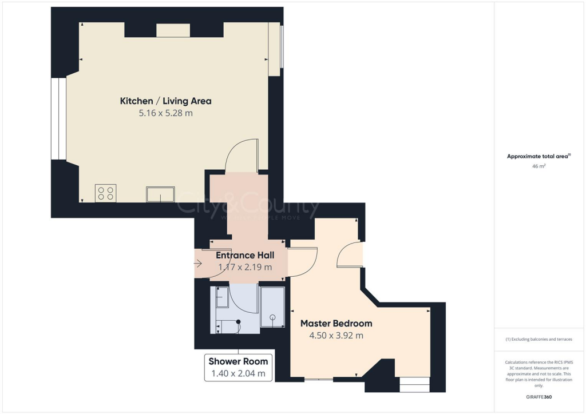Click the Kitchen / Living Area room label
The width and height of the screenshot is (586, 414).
[x=165, y=101]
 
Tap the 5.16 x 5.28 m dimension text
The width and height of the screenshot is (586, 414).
[x=165, y=113]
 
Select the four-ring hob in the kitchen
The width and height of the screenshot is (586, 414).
[x=105, y=193]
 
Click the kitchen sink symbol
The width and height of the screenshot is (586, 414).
[x=160, y=194]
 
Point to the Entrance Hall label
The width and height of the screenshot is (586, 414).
[x=244, y=256]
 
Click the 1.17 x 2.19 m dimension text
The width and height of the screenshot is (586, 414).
[x=244, y=267]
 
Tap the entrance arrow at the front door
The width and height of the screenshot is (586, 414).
[x=199, y=264]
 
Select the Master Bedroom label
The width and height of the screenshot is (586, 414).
[x=336, y=324]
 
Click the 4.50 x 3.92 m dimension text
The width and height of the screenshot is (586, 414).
[x=336, y=336]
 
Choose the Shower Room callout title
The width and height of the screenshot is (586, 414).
[x=238, y=361]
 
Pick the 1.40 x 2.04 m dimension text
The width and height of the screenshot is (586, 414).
[x=238, y=374]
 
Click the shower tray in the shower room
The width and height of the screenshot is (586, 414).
[x=272, y=307]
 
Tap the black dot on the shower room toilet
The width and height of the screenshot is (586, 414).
[x=239, y=321]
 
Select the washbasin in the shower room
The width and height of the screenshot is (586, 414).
[x=222, y=297]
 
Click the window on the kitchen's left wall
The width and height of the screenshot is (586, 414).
[x=59, y=118]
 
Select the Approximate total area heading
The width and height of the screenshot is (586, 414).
[x=539, y=156]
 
